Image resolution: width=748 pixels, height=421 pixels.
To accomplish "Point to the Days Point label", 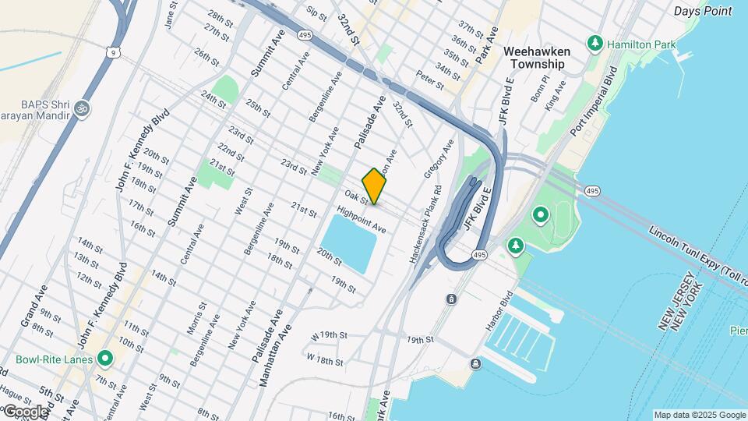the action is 703,11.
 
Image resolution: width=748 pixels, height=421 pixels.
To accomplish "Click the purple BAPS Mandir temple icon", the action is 83,108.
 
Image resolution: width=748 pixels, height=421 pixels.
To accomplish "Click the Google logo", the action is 25,412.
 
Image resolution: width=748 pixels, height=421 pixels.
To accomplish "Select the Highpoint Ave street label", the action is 362,221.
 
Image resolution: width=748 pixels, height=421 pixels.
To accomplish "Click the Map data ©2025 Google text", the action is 698,415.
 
